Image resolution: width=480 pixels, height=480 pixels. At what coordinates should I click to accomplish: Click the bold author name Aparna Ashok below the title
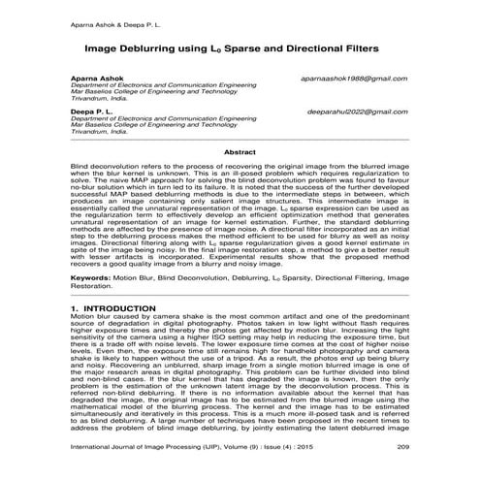tap(96, 78)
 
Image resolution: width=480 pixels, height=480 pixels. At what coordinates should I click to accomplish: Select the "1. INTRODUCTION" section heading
tap(113, 307)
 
